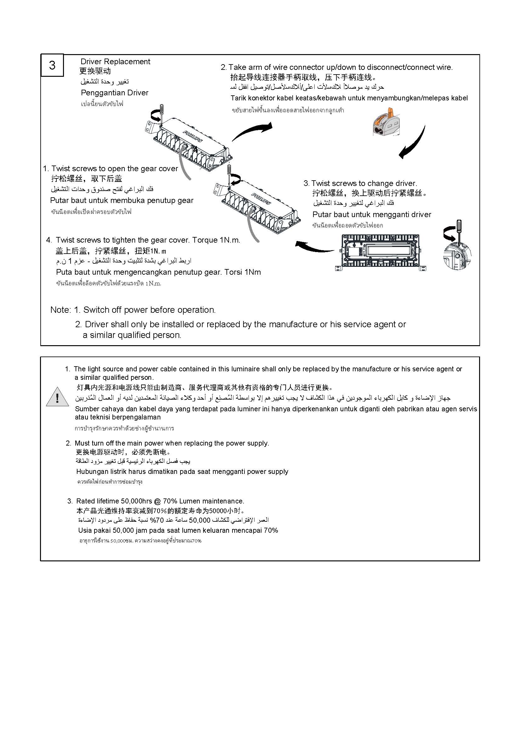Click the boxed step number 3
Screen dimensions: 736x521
pos(52,65)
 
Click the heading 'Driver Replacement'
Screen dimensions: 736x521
pos(115,62)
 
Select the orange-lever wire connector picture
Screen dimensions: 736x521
pos(387,122)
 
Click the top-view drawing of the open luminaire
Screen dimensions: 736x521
pos(381,251)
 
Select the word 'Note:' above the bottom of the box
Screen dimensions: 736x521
pos(60,310)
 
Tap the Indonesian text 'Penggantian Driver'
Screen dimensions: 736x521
pos(115,93)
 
